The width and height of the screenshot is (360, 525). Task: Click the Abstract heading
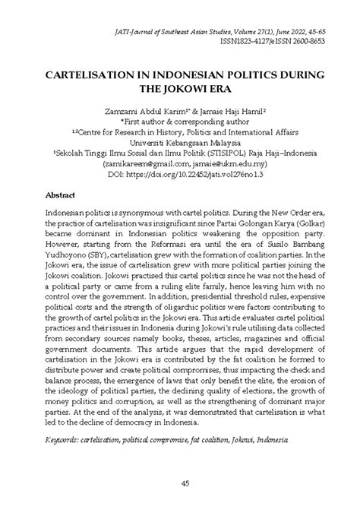(62, 195)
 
